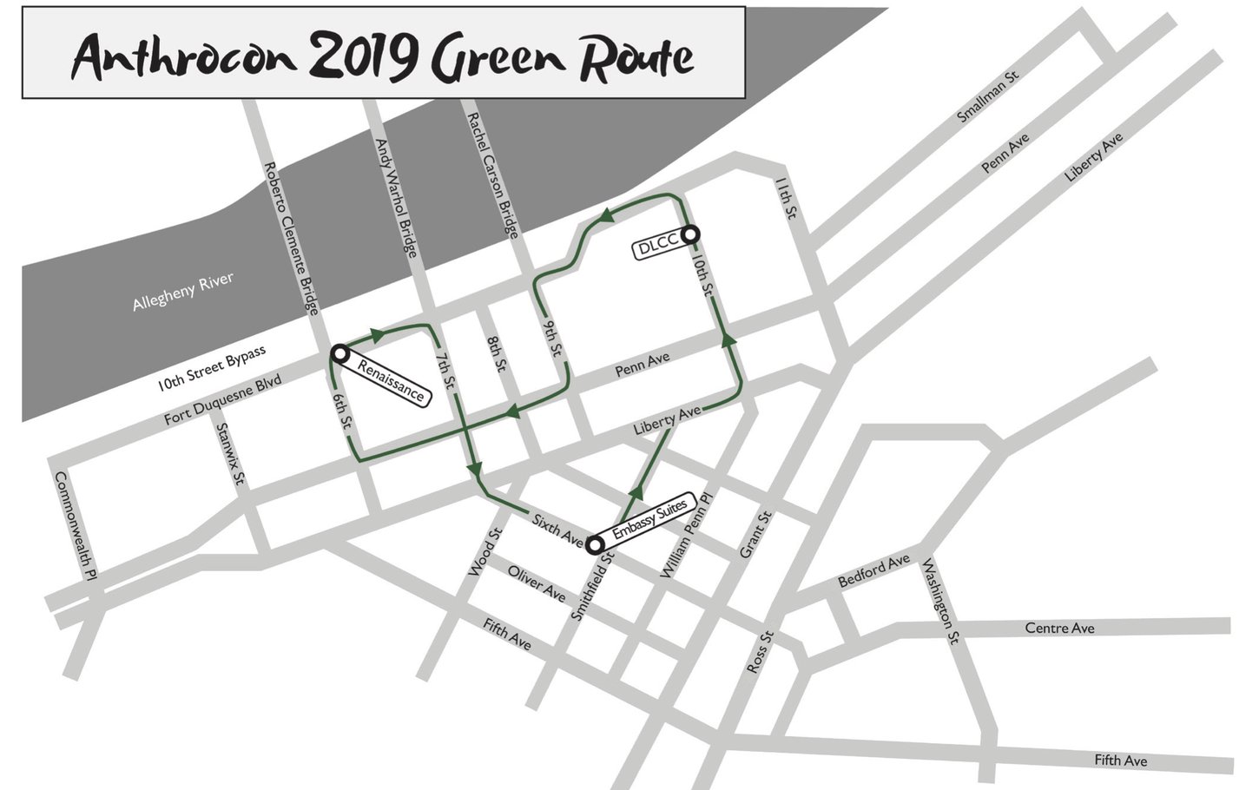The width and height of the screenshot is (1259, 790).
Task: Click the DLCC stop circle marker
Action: [691, 234]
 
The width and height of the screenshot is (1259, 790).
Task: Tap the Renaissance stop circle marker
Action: [339, 353]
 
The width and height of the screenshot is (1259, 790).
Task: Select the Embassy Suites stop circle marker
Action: [596, 545]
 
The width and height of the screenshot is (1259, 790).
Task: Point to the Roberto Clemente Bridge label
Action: [291, 237]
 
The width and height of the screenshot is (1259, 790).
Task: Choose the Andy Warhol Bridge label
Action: [395, 198]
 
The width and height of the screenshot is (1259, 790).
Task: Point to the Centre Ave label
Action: [1059, 628]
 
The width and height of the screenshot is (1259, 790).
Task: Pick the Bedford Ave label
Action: [873, 570]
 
